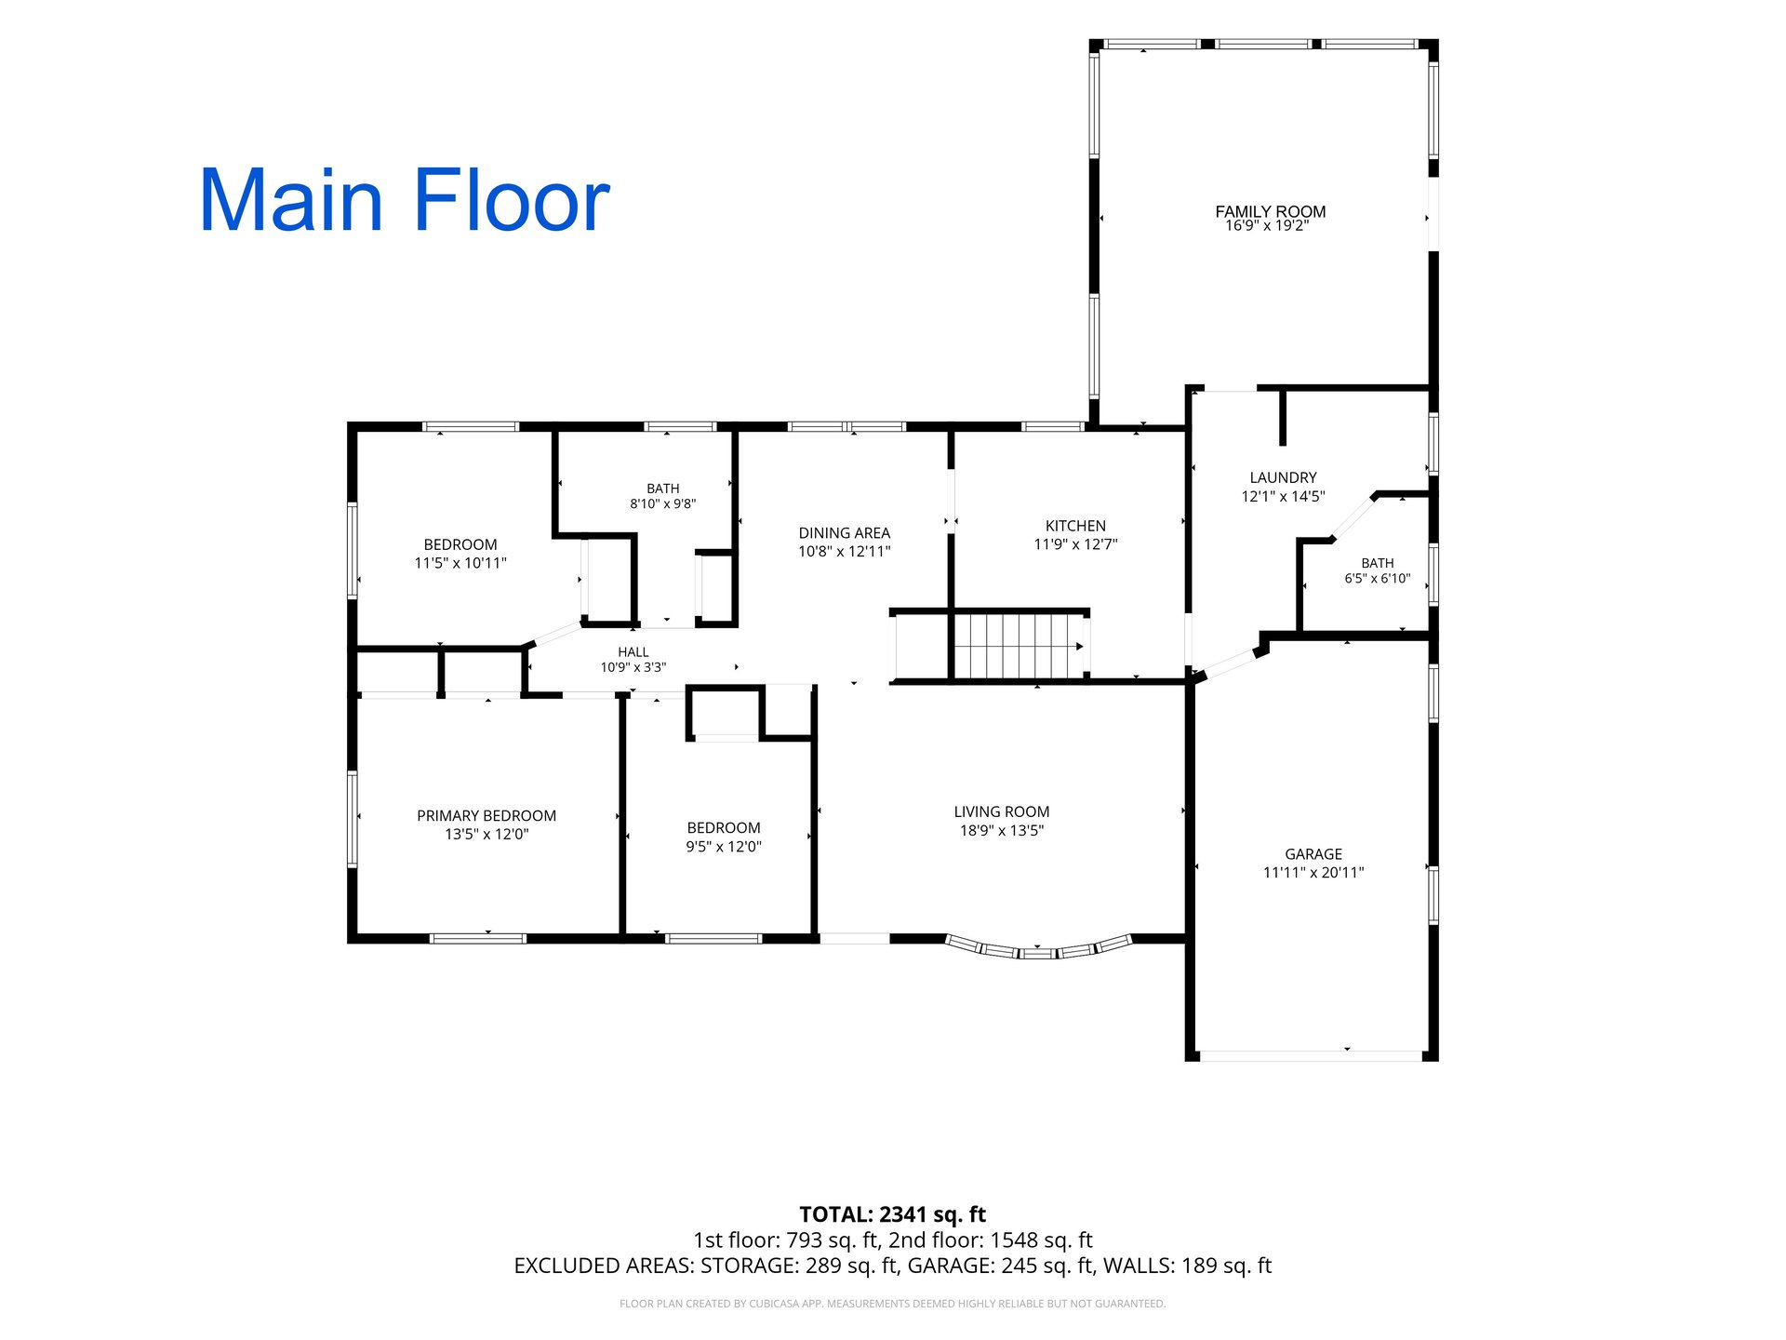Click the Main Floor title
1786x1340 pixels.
(x=405, y=200)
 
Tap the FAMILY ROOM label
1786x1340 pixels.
(x=1270, y=211)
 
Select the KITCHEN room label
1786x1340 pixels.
(x=1075, y=526)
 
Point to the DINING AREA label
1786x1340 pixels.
(x=844, y=533)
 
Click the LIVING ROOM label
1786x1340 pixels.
(x=1002, y=811)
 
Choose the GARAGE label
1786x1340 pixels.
(x=1313, y=854)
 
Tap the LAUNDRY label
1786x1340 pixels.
(x=1283, y=477)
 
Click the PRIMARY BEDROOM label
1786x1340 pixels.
(x=486, y=816)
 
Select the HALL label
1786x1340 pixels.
(x=633, y=652)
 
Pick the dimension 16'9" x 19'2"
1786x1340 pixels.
(x=1267, y=226)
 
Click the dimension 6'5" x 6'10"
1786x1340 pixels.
(x=1378, y=579)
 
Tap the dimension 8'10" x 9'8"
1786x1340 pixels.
(x=663, y=504)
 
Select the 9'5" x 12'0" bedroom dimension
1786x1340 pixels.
(x=724, y=847)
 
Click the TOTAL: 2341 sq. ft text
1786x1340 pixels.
(x=893, y=1214)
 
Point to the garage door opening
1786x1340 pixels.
(x=1311, y=1056)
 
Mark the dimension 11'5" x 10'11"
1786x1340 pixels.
(x=460, y=563)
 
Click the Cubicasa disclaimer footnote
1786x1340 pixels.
(x=893, y=1304)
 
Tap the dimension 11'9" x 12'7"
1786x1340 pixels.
(x=1075, y=544)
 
